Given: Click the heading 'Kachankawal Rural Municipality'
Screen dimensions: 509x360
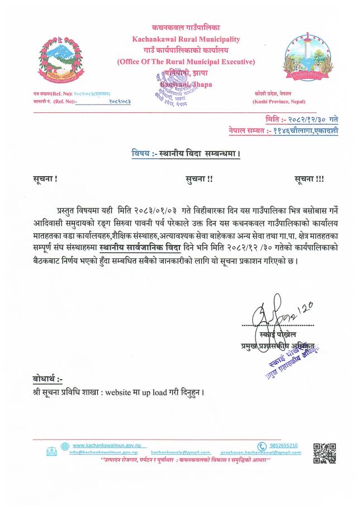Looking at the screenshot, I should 186,39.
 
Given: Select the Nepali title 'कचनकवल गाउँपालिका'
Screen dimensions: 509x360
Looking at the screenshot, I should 186,27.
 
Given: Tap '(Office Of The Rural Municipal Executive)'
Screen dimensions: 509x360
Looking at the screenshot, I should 186,62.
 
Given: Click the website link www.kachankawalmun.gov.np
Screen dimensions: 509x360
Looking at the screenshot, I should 105,445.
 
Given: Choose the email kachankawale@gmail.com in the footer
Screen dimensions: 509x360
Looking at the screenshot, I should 181,452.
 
